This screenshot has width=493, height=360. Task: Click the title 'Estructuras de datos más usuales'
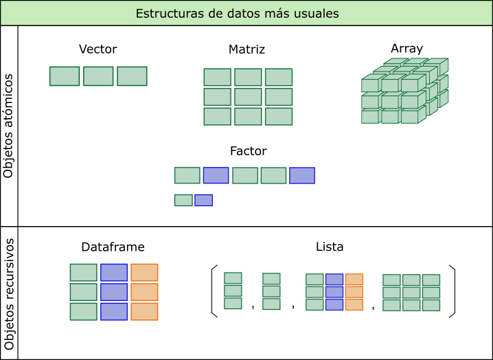(246, 13)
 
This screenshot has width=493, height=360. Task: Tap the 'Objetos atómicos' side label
(8, 126)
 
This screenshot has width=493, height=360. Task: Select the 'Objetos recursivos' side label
(8, 293)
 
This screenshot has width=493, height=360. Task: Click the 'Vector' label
(98, 49)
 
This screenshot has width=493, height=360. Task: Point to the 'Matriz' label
(246, 49)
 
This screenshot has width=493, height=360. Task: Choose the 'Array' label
(406, 48)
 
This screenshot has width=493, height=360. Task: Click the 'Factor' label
(249, 151)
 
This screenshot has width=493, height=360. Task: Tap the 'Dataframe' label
(113, 247)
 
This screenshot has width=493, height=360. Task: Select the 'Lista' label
(330, 247)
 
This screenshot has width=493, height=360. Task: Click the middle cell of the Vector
(98, 76)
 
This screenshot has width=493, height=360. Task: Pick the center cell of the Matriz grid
(248, 97)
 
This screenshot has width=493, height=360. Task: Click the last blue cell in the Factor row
(302, 175)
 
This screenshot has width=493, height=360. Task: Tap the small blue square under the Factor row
(203, 201)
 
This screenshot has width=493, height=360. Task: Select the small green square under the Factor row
(183, 201)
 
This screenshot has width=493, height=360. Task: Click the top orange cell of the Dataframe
(144, 273)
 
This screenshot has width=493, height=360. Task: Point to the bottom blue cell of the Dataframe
(114, 312)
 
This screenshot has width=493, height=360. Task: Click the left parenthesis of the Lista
(214, 291)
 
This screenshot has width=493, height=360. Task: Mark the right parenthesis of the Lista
(452, 291)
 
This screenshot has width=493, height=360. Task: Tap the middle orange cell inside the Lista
(354, 292)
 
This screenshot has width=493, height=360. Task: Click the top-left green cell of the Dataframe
(84, 273)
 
